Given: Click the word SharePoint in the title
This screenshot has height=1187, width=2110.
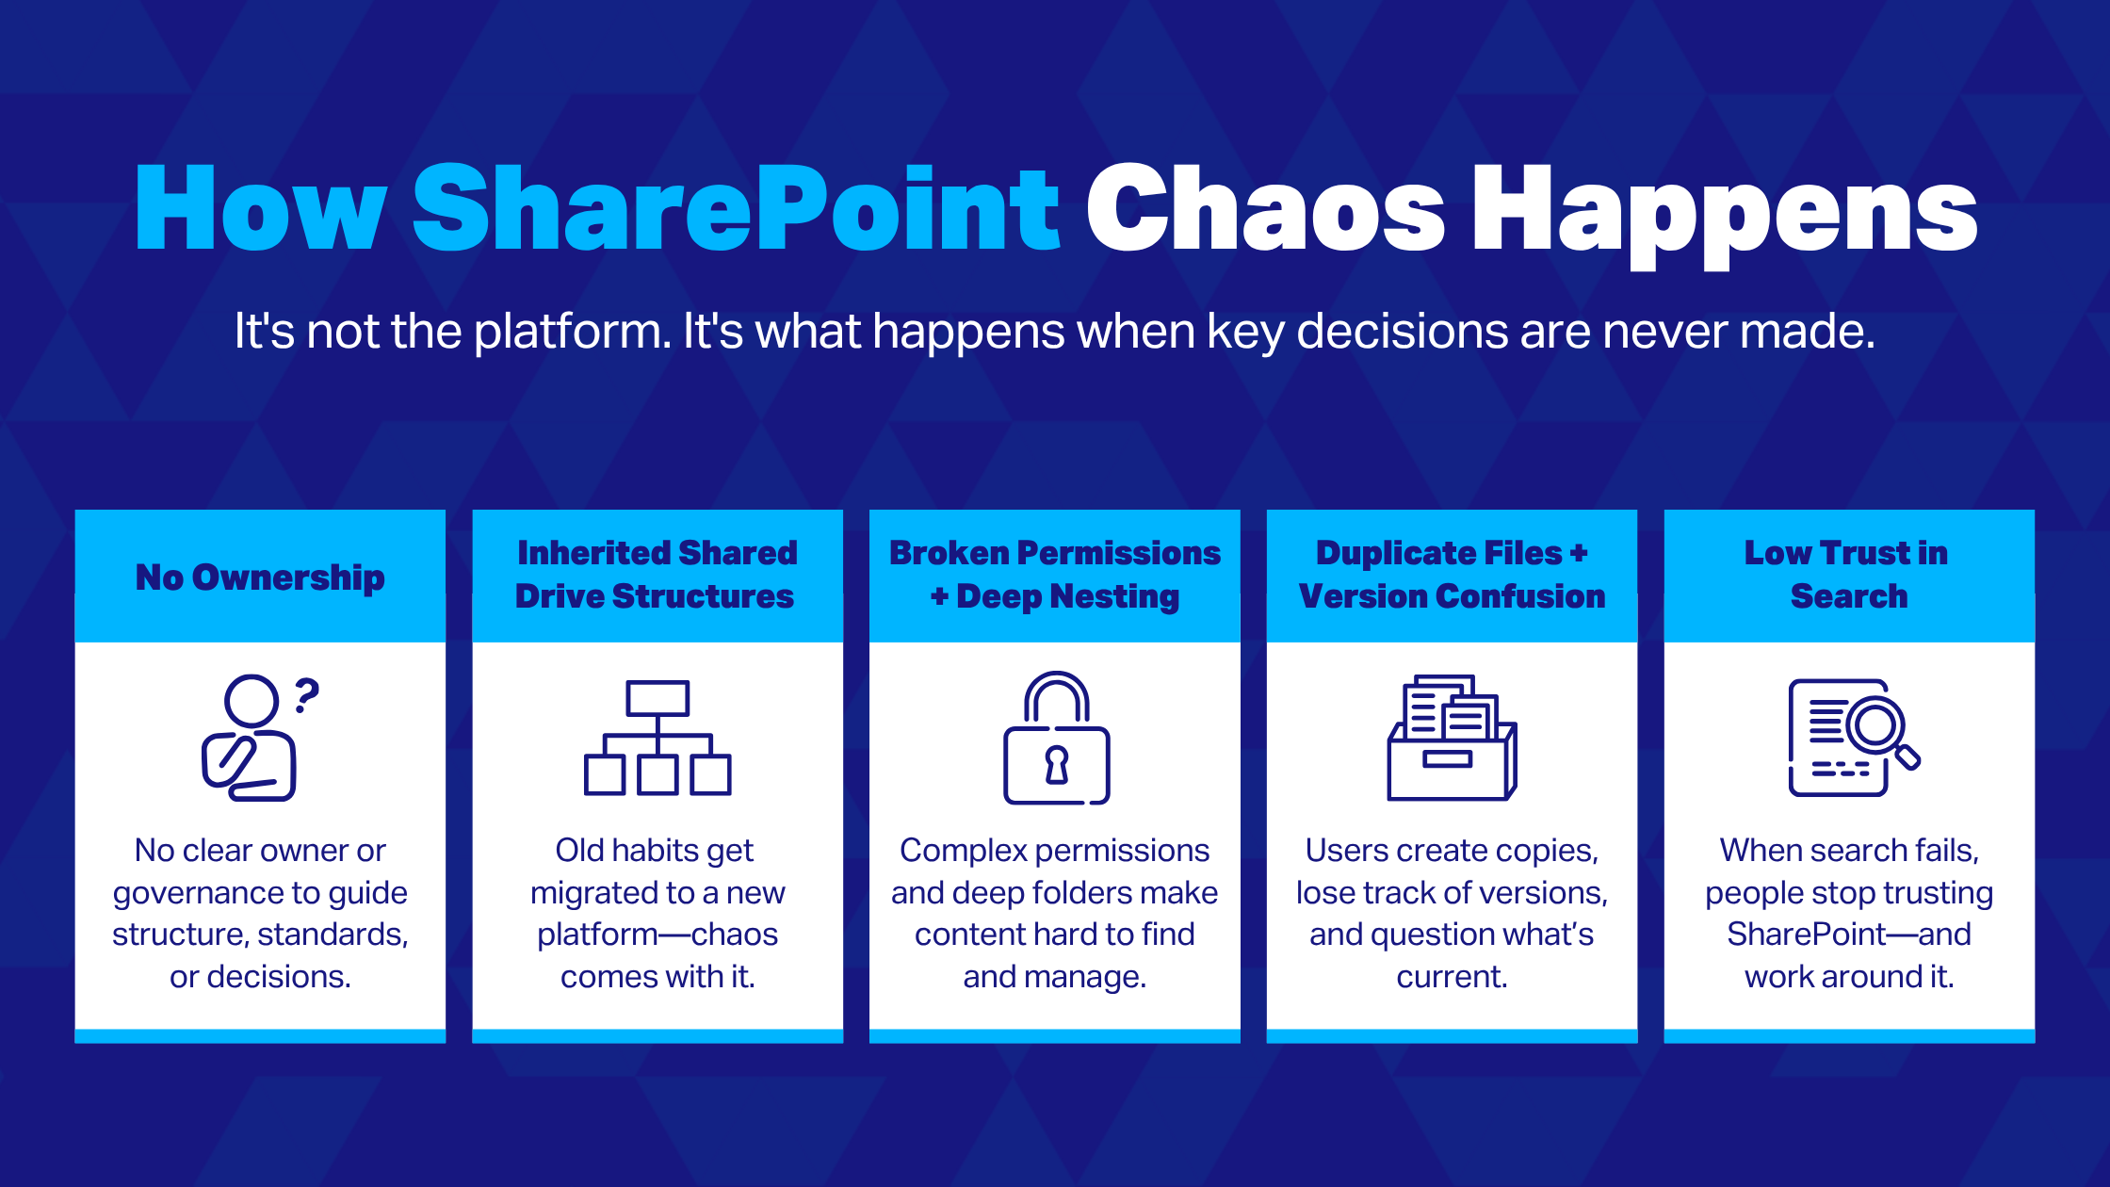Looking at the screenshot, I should click(737, 209).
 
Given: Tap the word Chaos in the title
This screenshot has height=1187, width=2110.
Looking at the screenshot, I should click(1265, 209).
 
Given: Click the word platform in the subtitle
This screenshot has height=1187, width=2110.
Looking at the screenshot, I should click(572, 332).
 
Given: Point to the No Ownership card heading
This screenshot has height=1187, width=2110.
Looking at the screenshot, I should click(260, 577).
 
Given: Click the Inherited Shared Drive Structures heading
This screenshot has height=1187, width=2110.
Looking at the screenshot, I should click(657, 575).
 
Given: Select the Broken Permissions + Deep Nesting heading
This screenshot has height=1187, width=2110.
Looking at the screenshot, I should click(1054, 575).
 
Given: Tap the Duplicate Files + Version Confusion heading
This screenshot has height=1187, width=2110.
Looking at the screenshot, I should click(1452, 575).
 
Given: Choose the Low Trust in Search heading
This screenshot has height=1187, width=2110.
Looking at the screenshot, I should click(1848, 575).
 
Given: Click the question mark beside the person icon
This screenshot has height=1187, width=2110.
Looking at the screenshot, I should click(307, 695).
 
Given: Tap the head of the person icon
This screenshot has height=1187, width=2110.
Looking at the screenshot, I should click(252, 701).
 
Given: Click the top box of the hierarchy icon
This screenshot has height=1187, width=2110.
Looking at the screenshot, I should click(657, 698).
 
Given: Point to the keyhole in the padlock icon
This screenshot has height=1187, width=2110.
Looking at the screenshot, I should click(1057, 764).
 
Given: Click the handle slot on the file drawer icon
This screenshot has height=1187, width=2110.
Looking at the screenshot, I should click(1447, 759).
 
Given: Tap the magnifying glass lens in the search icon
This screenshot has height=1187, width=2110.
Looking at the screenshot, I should click(1875, 724).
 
